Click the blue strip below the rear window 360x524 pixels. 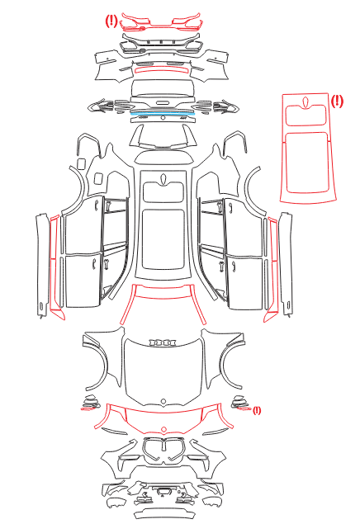pyautogui.click(x=163, y=114)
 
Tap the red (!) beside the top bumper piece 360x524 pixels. pyautogui.click(x=111, y=21)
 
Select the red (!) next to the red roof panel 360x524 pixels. pyautogui.click(x=337, y=101)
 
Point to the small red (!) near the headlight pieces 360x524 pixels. pyautogui.click(x=257, y=410)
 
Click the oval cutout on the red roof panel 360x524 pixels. pyautogui.click(x=306, y=103)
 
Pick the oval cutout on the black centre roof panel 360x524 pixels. pyautogui.click(x=163, y=179)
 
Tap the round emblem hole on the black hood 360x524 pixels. pyautogui.click(x=163, y=401)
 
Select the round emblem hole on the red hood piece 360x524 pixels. pyautogui.click(x=163, y=429)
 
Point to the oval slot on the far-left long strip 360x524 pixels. pyautogui.click(x=40, y=306)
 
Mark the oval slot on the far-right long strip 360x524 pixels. pyautogui.click(x=288, y=305)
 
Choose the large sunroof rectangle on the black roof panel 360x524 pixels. pyautogui.click(x=163, y=239)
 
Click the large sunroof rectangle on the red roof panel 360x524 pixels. pyautogui.click(x=307, y=163)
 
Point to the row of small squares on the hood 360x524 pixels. pyautogui.click(x=163, y=342)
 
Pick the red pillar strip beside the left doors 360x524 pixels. pyautogui.click(x=56, y=267)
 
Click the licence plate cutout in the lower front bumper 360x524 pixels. pyautogui.click(x=163, y=491)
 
